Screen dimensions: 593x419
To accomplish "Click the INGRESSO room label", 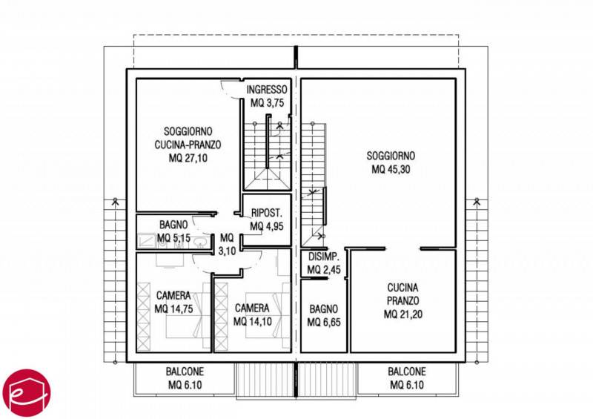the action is (267, 90).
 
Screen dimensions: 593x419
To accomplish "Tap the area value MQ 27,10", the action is (188, 158).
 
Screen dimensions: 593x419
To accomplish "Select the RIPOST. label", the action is (267, 213).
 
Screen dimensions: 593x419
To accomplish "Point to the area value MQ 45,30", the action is (391, 169).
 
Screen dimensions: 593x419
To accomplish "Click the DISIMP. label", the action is (324, 257).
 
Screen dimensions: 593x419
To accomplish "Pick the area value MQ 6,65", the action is (324, 322).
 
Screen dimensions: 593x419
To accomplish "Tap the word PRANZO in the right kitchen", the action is (402, 300).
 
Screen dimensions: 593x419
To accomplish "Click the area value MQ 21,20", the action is (402, 314).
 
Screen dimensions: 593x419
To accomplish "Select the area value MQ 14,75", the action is (173, 309).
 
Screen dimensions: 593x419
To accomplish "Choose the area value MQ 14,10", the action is (252, 322).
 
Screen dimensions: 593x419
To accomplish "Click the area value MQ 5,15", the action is (173, 238).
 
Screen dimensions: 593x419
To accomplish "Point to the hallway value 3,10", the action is (227, 251).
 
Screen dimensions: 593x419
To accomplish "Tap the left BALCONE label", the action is (185, 372).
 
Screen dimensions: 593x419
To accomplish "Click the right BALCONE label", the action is (407, 372).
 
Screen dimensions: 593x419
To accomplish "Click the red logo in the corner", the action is (27, 393).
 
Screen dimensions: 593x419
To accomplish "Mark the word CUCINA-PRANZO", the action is (188, 145).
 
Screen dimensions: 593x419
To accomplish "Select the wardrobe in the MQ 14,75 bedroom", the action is (143, 317).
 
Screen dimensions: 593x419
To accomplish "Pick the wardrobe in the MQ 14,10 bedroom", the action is (221, 316).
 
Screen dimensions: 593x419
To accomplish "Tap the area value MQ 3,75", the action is (267, 103).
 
